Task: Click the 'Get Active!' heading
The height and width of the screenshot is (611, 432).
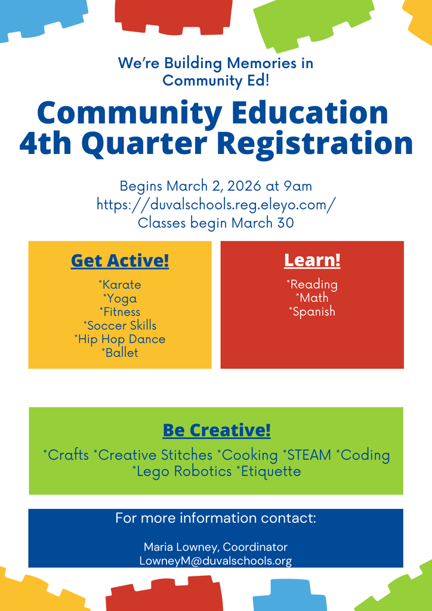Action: (x=120, y=261)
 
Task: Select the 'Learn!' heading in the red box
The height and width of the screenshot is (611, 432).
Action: (x=312, y=261)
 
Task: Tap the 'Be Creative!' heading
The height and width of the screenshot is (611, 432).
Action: (x=217, y=430)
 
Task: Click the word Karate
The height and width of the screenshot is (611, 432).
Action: (x=121, y=285)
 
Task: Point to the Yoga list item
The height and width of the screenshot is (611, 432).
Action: (x=121, y=298)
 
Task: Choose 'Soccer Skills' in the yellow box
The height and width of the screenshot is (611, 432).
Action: (x=121, y=325)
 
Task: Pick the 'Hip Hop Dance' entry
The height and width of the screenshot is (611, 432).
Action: (x=121, y=339)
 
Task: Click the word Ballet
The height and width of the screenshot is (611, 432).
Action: (x=121, y=353)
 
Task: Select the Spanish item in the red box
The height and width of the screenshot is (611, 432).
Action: (x=313, y=311)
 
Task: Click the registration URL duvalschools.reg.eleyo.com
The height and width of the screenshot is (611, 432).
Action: (x=216, y=204)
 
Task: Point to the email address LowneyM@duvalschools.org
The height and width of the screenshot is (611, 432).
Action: (x=215, y=561)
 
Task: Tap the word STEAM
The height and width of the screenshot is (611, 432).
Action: (x=308, y=455)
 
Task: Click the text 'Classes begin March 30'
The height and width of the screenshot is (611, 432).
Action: (x=216, y=223)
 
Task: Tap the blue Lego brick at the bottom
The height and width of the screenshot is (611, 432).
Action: (x=290, y=595)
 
